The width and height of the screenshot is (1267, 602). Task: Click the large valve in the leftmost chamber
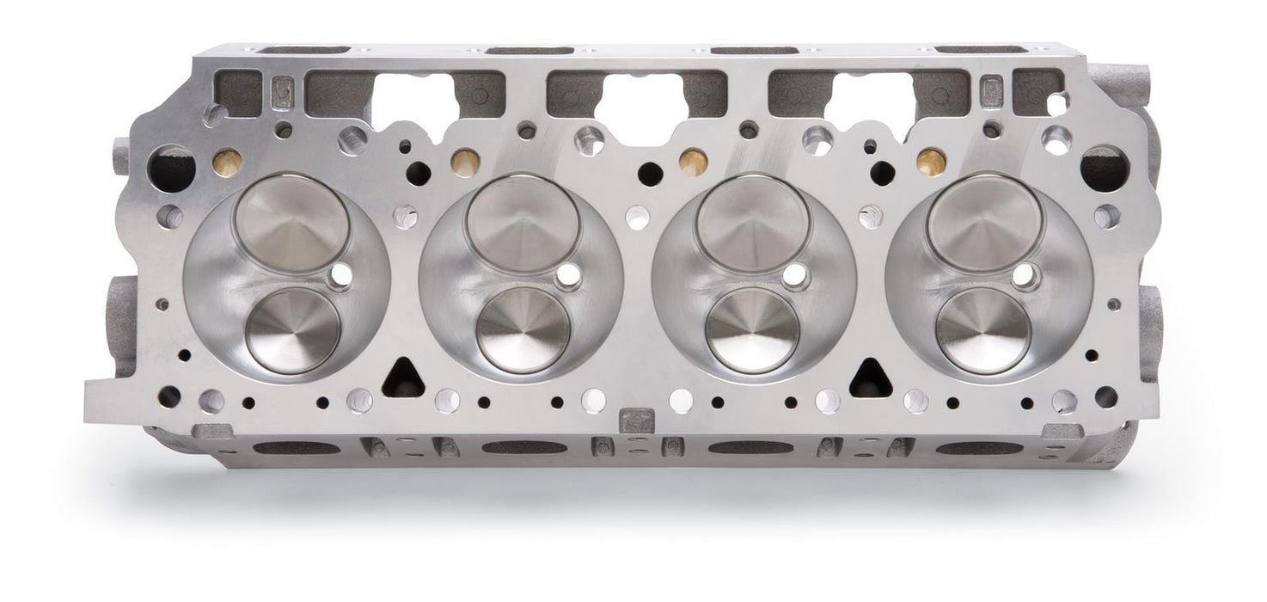tap(292, 223)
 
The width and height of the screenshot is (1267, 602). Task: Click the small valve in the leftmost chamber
tap(293, 330)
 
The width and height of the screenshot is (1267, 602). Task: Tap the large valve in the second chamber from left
tap(523, 223)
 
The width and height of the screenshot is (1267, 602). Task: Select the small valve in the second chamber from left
tap(523, 329)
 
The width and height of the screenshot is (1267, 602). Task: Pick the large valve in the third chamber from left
tap(753, 223)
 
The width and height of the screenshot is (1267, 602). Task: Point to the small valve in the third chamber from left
tap(753, 329)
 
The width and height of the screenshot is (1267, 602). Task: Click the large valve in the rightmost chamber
tap(985, 223)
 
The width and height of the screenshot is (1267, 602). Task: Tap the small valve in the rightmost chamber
tap(983, 329)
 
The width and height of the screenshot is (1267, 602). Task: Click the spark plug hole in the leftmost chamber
tap(340, 274)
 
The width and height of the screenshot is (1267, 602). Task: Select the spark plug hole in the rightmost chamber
tap(1025, 276)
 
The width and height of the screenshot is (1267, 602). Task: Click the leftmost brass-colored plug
tap(226, 163)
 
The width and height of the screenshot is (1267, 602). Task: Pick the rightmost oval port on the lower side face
tap(979, 448)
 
